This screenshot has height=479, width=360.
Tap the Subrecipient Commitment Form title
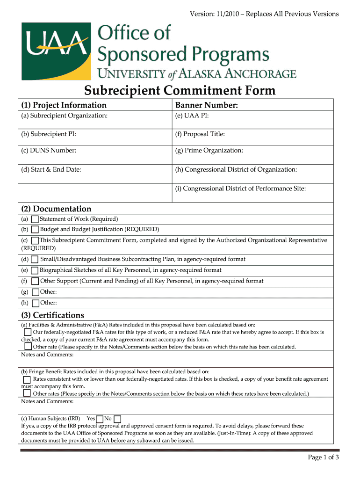pyautogui.click(x=180, y=90)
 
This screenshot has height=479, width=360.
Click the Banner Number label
pyautogui.click(x=206, y=105)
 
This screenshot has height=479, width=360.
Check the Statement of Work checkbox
pyautogui.click(x=35, y=219)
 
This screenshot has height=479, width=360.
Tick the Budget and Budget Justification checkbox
pyautogui.click(x=35, y=230)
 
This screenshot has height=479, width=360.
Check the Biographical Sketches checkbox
pyautogui.click(x=35, y=270)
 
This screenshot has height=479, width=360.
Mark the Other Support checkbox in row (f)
pyautogui.click(x=35, y=281)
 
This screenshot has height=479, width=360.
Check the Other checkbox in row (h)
pyautogui.click(x=35, y=303)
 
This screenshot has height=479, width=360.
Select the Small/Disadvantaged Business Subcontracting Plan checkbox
pyautogui.click(x=35, y=260)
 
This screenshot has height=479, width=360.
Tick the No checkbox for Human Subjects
pyautogui.click(x=117, y=419)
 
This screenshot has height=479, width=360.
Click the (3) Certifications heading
pyautogui.click(x=52, y=315)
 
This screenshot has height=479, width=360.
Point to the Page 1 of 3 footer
pyautogui.click(x=323, y=457)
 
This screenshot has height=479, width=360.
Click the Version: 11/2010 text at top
pyautogui.click(x=264, y=14)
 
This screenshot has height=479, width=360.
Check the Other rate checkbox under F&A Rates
pyautogui.click(x=28, y=347)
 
